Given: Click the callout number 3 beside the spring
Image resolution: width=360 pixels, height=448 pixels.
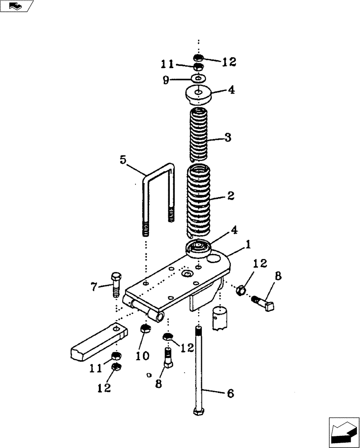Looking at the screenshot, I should [227, 138].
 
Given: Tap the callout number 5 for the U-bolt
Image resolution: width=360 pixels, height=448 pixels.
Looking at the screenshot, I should [123, 159].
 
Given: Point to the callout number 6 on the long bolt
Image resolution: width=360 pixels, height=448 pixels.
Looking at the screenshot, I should [230, 393].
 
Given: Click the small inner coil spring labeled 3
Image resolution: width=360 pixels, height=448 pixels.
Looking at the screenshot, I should [198, 134].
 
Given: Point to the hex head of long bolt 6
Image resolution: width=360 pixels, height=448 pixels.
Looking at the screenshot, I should [198, 411].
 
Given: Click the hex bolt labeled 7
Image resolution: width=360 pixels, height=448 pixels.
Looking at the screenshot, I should [115, 283].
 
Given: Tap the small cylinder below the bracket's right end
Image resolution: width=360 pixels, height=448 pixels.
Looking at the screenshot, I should [220, 317].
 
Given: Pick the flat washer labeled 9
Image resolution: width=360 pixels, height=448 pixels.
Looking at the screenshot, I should [198, 78].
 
